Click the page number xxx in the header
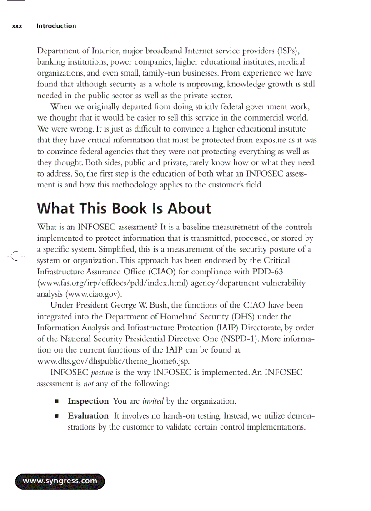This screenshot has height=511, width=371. [x=17, y=26]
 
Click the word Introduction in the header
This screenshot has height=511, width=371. [x=56, y=26]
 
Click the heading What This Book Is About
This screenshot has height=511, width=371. [x=124, y=208]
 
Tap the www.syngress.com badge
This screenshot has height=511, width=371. [x=60, y=481]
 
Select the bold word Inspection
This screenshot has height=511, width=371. [x=88, y=401]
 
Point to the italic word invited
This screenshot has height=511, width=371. [x=153, y=401]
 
